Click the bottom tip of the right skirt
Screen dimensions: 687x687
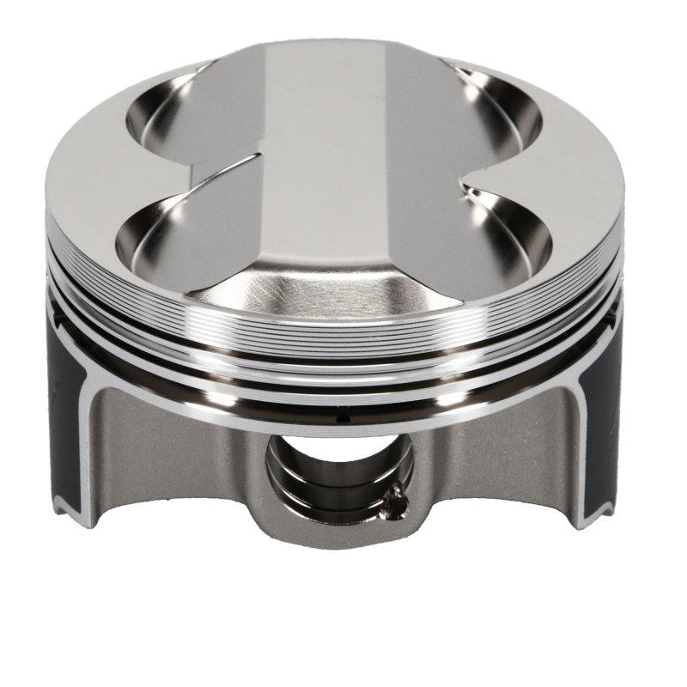pyautogui.click(x=593, y=520)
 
